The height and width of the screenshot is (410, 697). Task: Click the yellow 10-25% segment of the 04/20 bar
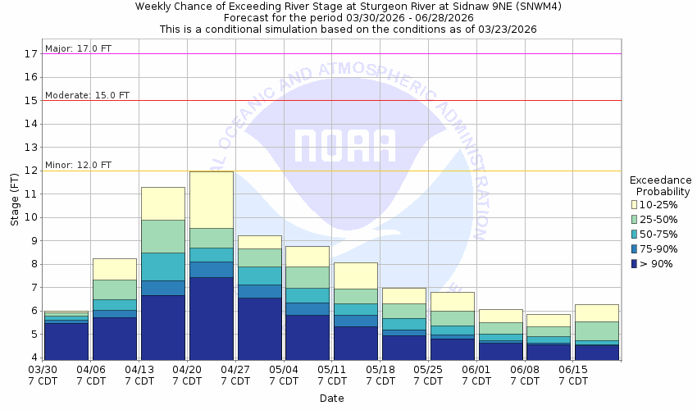coord(211,199)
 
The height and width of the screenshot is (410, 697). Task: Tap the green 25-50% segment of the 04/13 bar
coord(162,236)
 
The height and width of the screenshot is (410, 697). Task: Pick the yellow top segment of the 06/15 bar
coord(596,312)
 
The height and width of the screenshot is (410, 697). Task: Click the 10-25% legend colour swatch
coord(634,204)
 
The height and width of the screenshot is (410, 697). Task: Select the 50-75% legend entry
coord(661,235)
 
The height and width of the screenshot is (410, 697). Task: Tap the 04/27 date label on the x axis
coord(235,370)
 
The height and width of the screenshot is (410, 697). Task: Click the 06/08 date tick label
coord(525,370)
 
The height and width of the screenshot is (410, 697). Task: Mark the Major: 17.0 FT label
coord(79,48)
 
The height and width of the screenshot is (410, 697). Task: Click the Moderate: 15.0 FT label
coord(87,95)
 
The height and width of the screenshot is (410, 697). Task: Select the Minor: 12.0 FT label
coord(79,165)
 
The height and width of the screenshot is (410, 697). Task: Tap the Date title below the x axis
coord(332,399)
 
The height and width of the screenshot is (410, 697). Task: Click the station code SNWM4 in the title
coord(539,7)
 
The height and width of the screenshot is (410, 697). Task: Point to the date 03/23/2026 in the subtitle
coord(508,30)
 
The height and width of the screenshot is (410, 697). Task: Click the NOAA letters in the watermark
coord(344,146)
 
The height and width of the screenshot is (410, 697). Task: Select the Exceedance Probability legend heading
coord(660,186)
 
